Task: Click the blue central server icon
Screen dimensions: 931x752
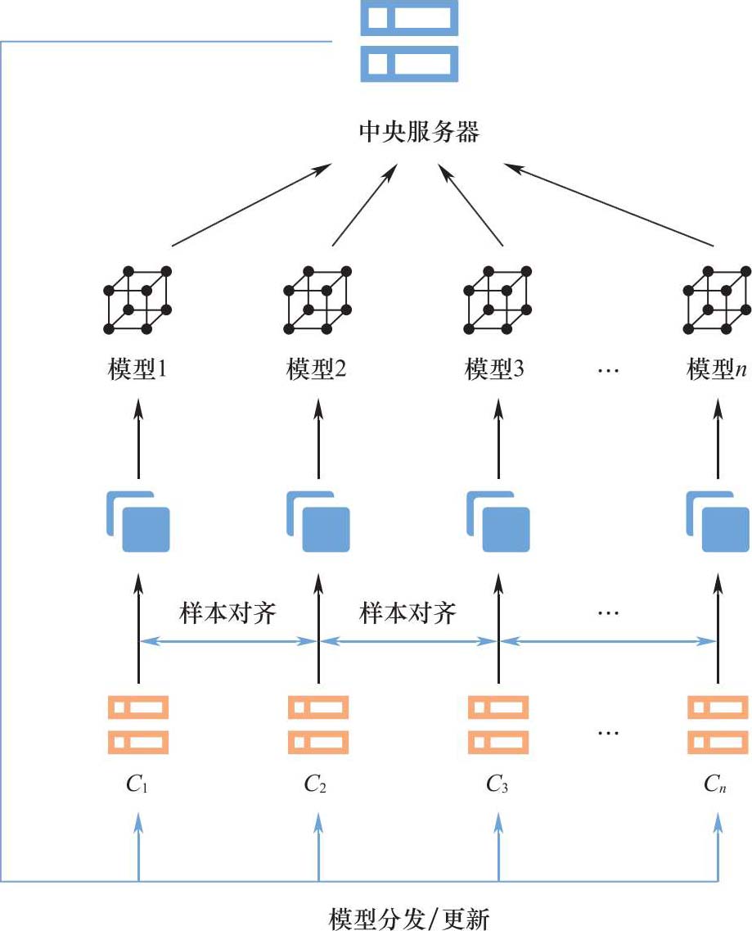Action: tap(409, 41)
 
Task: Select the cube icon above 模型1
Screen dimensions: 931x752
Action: tap(137, 299)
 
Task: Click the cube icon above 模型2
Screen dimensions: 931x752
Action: tap(317, 299)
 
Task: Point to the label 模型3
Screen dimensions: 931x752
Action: tap(495, 370)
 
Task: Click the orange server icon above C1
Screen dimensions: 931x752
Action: tap(137, 724)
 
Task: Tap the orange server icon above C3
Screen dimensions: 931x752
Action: tap(498, 724)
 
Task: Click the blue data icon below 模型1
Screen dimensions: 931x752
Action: tap(137, 521)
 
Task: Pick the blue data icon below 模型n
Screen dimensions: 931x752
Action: tap(717, 521)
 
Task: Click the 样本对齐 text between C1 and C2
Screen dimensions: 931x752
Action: tap(227, 613)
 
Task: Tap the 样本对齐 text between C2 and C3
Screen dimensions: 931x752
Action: tap(408, 613)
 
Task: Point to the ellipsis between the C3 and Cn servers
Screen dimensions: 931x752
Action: tap(608, 731)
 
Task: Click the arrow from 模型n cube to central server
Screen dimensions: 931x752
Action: tap(610, 205)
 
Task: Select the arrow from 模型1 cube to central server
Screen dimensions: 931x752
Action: tap(245, 205)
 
